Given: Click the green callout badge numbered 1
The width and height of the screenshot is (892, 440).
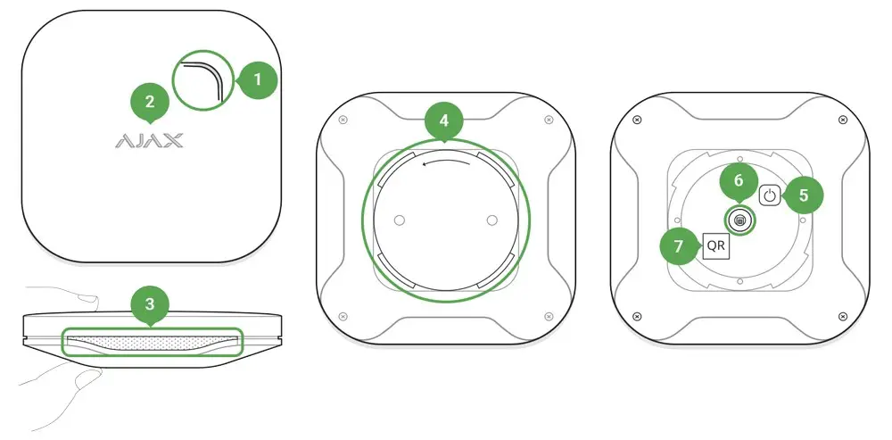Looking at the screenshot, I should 259,79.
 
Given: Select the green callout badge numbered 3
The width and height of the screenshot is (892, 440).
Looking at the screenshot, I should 150,303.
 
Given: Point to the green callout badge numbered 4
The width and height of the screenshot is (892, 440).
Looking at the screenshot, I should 444,120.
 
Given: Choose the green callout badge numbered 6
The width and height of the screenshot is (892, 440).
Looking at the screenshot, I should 739,180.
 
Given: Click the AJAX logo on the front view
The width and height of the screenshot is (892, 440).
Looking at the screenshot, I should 149,141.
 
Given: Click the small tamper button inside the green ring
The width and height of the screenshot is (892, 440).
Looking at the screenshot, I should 739,220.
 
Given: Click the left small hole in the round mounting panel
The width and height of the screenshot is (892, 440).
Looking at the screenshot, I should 399,219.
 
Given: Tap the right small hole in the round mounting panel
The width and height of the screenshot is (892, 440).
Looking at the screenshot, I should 491,219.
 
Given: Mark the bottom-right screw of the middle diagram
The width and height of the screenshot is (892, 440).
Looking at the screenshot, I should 546,317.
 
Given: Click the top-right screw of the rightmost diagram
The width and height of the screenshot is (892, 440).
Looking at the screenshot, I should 843,120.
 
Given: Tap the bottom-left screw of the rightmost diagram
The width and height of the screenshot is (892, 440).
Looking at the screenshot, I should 636,317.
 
